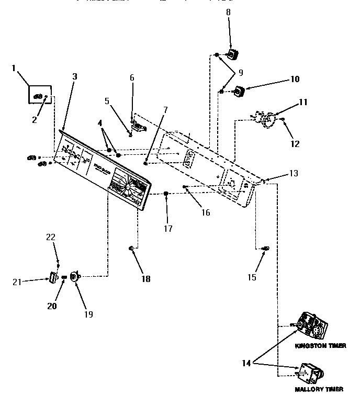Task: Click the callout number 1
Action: coord(14,67)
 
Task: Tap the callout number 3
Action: coord(75,76)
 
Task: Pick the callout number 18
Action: coord(145,279)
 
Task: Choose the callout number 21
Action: coord(16,282)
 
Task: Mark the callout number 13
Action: coord(294,173)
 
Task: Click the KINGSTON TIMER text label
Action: coord(320,346)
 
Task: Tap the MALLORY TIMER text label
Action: coord(319,389)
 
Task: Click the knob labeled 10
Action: coord(239,92)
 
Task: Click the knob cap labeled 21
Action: coord(52,276)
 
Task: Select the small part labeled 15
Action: coord(265,247)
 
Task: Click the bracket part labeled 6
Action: coord(138,126)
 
